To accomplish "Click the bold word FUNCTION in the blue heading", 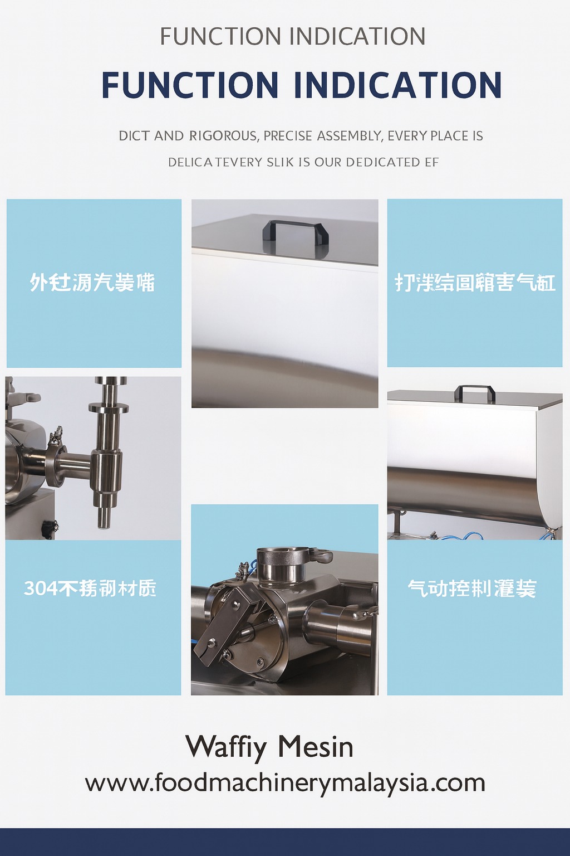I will tap(190, 85).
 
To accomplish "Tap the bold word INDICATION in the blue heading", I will tap(397, 85).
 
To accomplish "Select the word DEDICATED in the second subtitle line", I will tap(383, 162).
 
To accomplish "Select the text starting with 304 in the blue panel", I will tap(90, 588).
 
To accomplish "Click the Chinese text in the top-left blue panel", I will tap(92, 283).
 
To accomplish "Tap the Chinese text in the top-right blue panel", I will tap(475, 283).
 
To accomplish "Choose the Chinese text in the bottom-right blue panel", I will tap(472, 588).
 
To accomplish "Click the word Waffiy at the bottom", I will tap(226, 747).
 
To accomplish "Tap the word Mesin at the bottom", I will tap(316, 747).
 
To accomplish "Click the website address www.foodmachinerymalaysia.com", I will tap(285, 783).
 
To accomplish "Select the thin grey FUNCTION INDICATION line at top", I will tap(293, 37).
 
